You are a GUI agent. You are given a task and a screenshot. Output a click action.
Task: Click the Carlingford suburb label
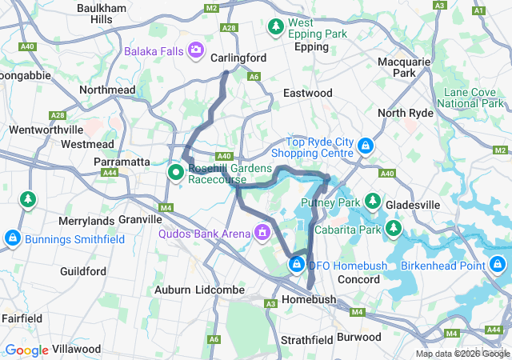238,58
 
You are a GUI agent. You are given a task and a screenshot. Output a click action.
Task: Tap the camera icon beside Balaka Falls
196,51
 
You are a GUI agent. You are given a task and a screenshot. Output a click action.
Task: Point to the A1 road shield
479,10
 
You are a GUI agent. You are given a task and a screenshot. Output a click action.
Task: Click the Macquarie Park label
415,67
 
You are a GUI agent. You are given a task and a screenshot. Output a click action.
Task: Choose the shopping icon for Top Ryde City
365,146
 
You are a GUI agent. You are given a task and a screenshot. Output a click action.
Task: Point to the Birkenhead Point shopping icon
497,264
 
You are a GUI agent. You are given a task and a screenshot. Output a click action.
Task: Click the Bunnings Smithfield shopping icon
12,238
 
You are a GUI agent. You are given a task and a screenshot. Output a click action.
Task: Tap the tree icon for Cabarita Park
393,230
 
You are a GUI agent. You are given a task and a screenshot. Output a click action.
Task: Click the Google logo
26,350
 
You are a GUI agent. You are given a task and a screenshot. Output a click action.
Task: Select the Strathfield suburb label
306,340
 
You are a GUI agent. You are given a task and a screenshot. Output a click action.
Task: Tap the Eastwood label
307,94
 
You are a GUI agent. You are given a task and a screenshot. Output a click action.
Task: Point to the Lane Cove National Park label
474,98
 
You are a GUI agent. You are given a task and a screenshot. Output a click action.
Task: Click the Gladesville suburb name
412,205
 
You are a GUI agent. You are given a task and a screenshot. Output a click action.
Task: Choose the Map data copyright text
462,354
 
